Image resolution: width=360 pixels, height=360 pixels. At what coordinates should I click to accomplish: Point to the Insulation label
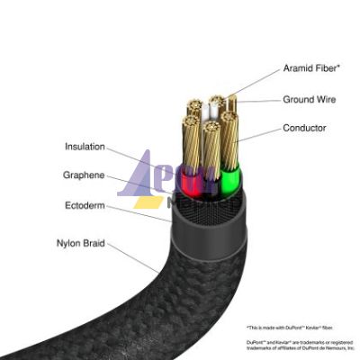tap(85, 146)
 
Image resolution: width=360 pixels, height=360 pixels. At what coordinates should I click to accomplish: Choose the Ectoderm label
tap(86, 206)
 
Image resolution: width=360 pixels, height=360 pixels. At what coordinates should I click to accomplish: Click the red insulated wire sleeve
tap(190, 182)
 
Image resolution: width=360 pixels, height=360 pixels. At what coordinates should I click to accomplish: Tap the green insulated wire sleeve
tap(230, 184)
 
